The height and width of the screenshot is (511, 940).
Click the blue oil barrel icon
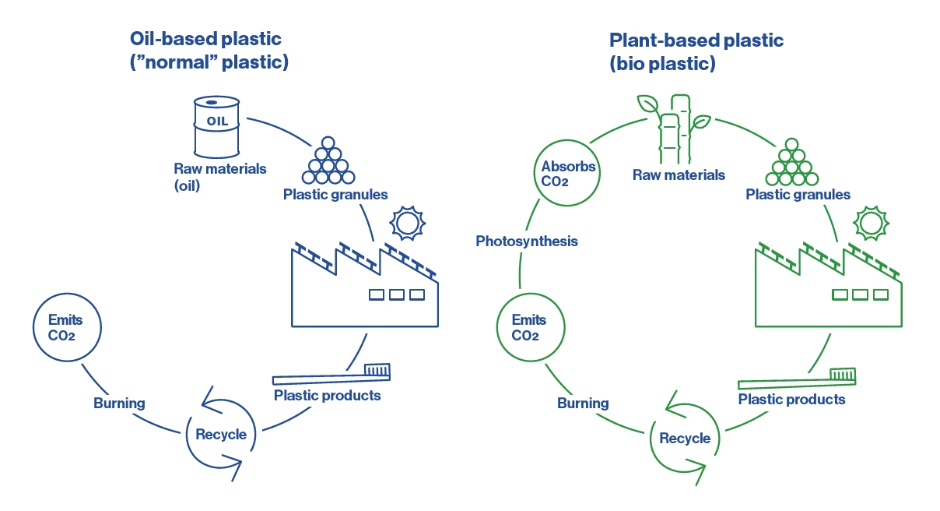pos(216,126)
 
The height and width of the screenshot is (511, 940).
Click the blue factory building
pos(363,288)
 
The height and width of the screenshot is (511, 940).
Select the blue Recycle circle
pos(221,434)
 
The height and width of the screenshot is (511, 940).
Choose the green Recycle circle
pos(685,438)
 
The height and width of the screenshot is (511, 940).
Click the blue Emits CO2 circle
pos(65,328)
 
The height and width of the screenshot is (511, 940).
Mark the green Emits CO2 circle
pos(529,328)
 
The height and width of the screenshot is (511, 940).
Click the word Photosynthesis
pos(527,241)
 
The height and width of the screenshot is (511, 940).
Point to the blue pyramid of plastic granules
pos(328,161)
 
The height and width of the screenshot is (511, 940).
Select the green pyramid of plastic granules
pos(791,163)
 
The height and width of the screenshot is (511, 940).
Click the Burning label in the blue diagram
pos(119,403)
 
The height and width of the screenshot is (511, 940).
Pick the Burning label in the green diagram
pos(583,403)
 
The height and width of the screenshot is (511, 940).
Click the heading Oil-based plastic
pos(206,38)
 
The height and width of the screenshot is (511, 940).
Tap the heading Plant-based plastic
pos(696,41)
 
